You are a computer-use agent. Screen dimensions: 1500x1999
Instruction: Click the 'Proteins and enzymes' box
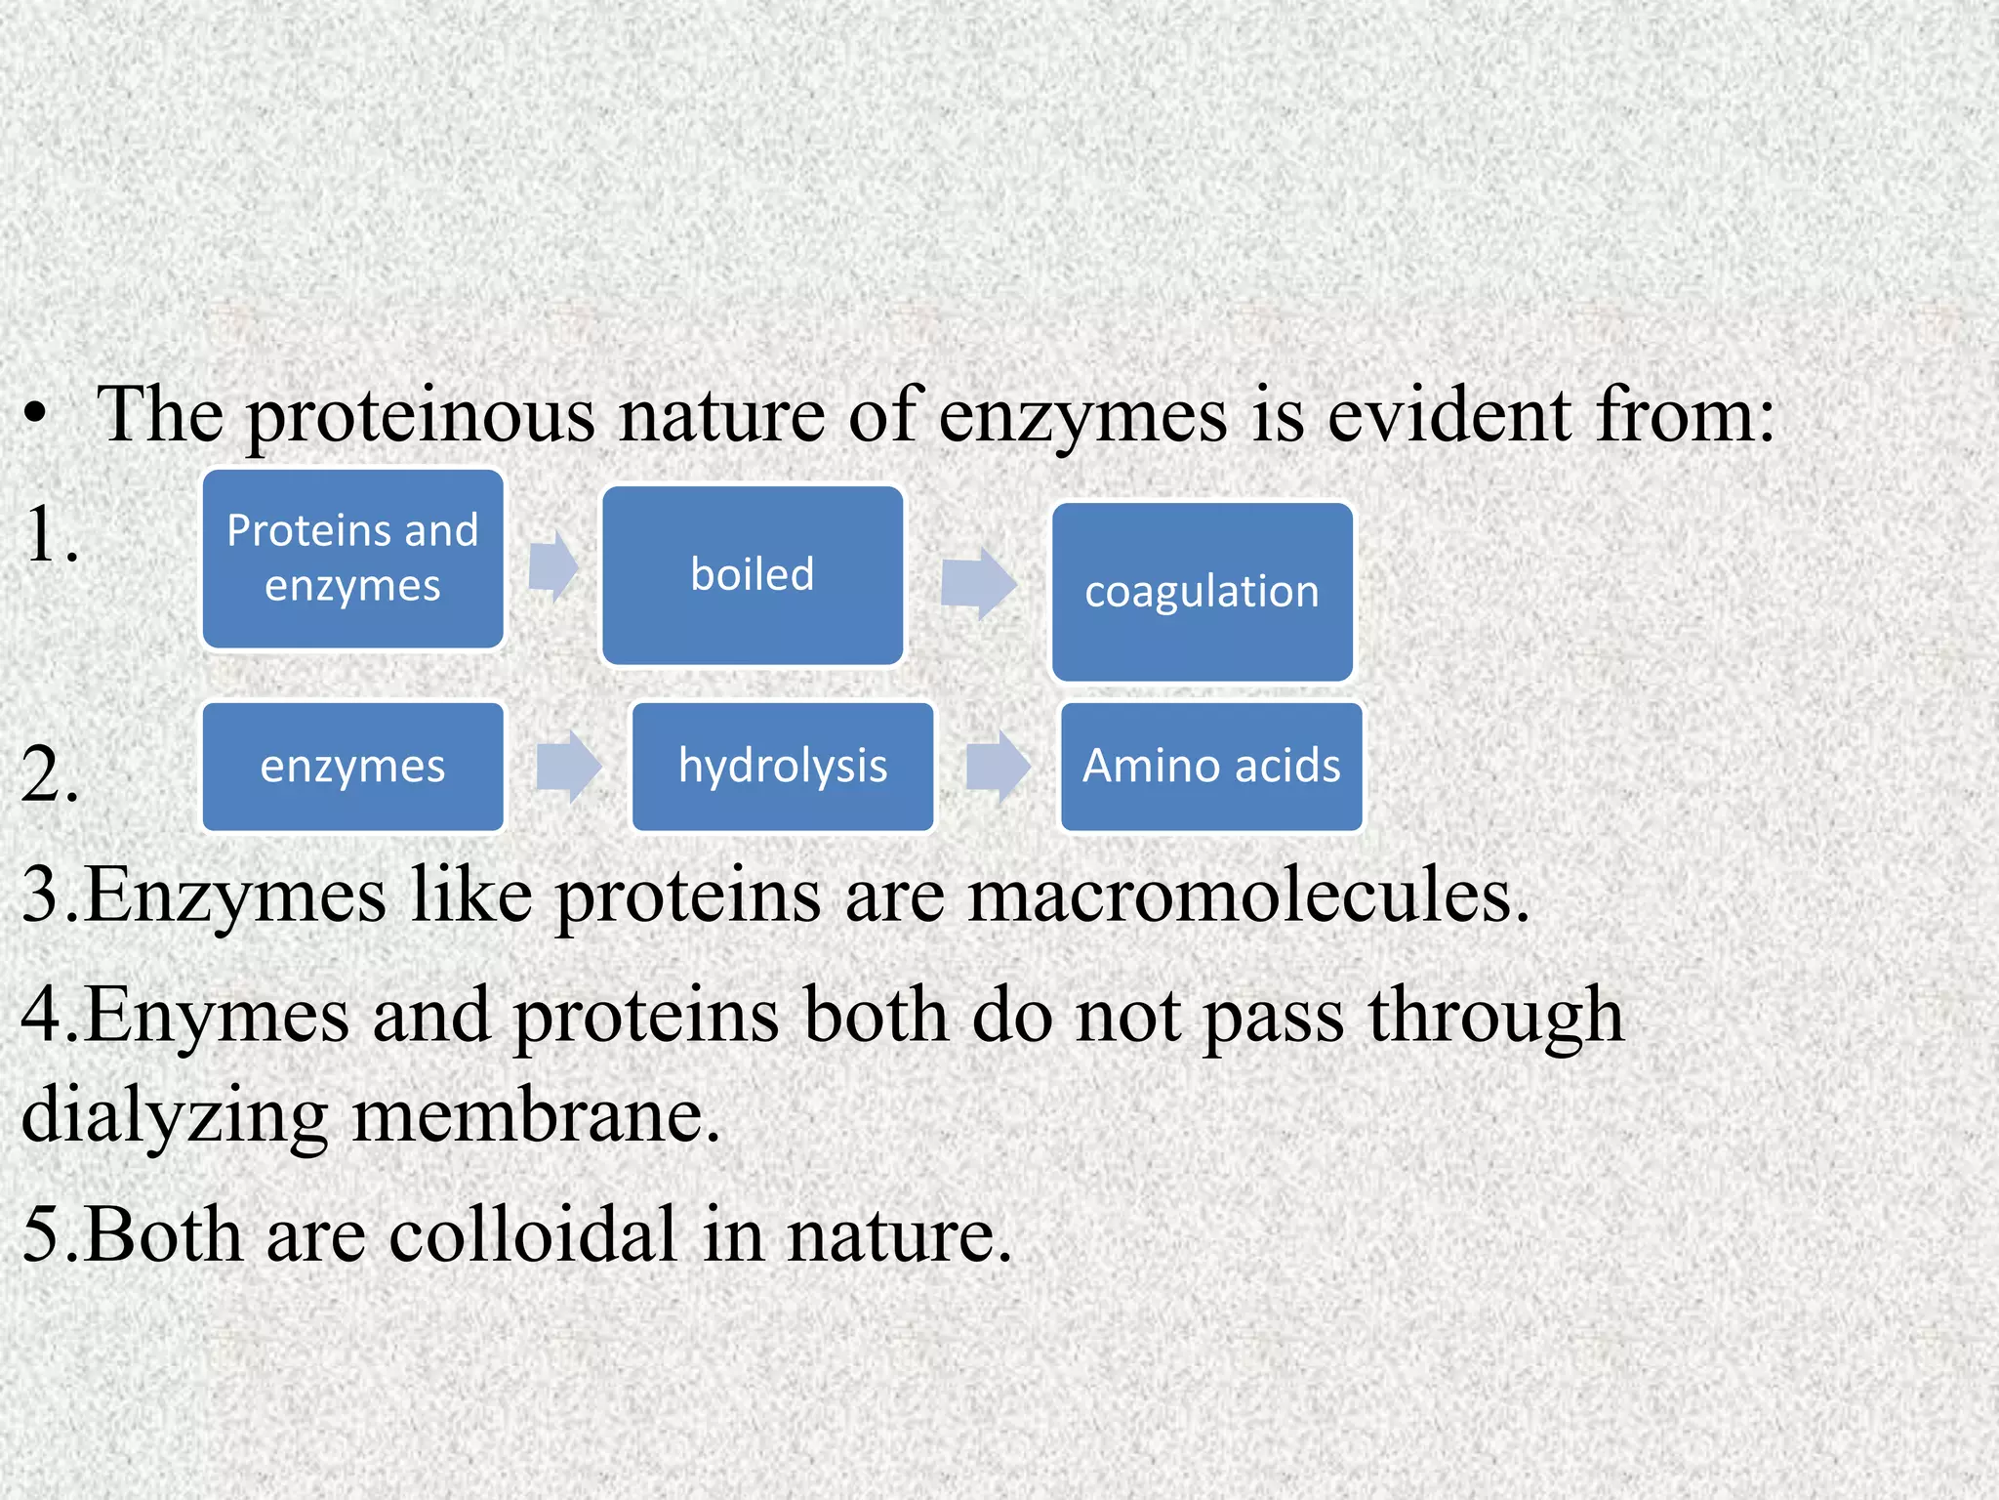(x=352, y=559)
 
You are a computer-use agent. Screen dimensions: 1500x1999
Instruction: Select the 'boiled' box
(x=753, y=575)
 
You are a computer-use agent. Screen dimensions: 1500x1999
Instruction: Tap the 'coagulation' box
(x=1202, y=592)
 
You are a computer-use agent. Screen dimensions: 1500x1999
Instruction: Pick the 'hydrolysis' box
(x=783, y=767)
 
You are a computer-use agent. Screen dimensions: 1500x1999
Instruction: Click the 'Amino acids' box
(x=1211, y=767)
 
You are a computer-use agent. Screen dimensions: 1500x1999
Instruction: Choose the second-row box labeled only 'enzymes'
(x=352, y=767)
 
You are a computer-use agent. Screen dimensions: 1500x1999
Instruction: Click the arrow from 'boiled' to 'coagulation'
(x=977, y=583)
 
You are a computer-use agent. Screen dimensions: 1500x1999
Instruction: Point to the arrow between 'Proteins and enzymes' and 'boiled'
(x=552, y=566)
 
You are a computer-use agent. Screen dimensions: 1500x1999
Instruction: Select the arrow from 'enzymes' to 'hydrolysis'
(x=568, y=767)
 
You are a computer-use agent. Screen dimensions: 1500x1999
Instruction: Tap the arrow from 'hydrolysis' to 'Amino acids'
(x=998, y=767)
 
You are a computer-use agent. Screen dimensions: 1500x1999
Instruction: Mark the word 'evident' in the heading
(x=1448, y=415)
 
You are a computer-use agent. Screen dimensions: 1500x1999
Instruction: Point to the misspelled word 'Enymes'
(x=217, y=1016)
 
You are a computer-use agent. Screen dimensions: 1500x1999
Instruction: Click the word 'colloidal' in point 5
(x=532, y=1234)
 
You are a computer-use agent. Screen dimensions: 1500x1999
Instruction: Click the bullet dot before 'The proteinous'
(x=36, y=415)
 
